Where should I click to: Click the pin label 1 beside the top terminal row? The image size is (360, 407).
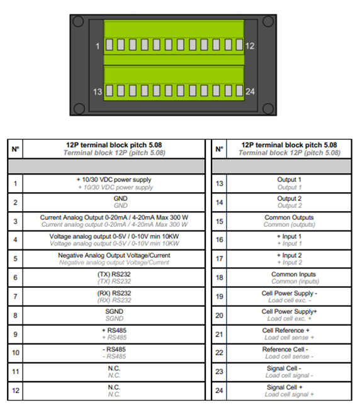click(x=98, y=46)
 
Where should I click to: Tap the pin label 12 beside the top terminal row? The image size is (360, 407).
click(x=250, y=46)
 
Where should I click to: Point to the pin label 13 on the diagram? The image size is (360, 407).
click(x=98, y=91)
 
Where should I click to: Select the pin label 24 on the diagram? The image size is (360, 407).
click(x=250, y=91)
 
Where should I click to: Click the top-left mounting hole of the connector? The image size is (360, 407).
click(x=78, y=21)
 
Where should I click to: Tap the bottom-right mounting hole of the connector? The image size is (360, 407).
click(x=268, y=108)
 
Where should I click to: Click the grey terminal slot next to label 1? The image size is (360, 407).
click(x=109, y=45)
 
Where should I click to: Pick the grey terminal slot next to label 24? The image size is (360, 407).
click(x=240, y=91)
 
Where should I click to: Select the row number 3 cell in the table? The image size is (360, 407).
click(x=15, y=221)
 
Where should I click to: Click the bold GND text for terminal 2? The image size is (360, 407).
click(x=121, y=198)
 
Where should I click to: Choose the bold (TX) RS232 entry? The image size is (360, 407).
click(x=114, y=274)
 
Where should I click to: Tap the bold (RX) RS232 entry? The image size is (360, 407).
click(x=114, y=294)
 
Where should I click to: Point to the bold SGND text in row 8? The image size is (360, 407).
click(x=114, y=311)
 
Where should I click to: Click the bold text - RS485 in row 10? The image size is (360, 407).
click(x=115, y=350)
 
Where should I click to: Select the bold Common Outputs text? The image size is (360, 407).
click(x=289, y=217)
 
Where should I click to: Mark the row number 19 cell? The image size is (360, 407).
click(x=220, y=296)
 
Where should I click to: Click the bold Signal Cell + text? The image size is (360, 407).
click(x=284, y=387)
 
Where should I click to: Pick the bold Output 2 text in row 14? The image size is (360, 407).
click(x=289, y=198)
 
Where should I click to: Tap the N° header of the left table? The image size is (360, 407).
click(x=15, y=149)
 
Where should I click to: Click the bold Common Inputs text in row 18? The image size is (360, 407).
click(x=294, y=274)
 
